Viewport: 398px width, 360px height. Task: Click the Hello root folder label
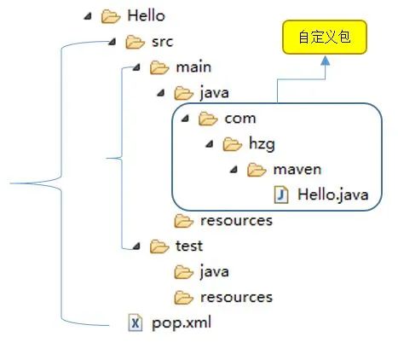[145, 15]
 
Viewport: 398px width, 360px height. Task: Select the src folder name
[163, 41]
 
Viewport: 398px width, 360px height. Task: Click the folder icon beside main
[159, 67]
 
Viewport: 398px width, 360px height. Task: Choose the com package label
[239, 119]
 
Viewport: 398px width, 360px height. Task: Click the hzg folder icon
[233, 144]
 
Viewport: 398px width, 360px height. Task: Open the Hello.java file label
[333, 195]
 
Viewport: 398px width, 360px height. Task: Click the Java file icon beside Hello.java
[282, 195]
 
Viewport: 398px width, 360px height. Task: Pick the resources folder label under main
[236, 221]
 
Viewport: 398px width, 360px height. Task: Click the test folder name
[188, 247]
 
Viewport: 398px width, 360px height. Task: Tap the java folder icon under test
[183, 271]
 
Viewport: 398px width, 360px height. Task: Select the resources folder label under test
[236, 297]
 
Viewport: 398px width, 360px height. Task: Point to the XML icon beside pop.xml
[135, 322]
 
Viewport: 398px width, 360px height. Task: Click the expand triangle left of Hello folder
[88, 15]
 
